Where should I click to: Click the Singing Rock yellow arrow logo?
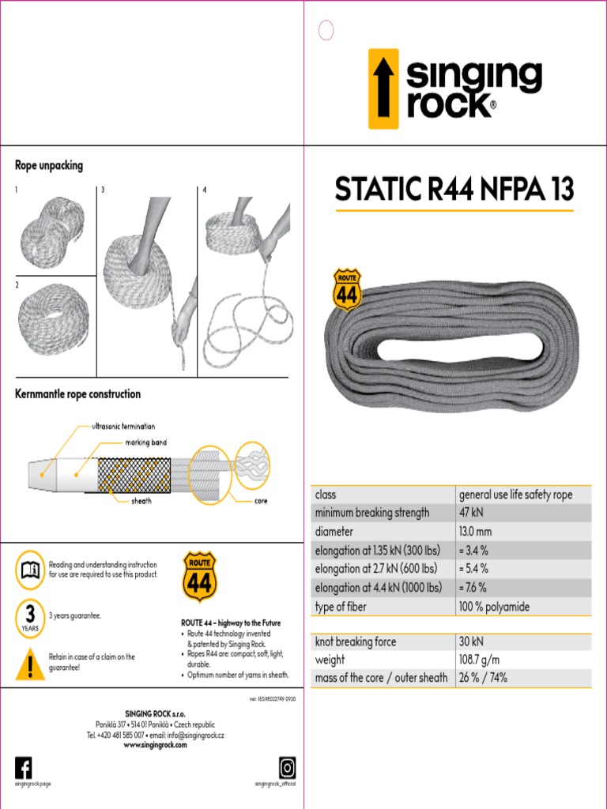click(x=383, y=88)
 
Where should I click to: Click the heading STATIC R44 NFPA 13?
click(x=454, y=190)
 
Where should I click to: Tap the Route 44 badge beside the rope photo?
click(x=347, y=290)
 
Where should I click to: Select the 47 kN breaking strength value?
click(x=472, y=513)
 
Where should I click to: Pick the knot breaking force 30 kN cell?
click(x=472, y=642)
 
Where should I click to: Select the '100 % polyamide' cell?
click(x=494, y=607)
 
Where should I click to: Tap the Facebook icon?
click(x=24, y=767)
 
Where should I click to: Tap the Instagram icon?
click(x=287, y=767)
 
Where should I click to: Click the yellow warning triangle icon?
click(x=30, y=664)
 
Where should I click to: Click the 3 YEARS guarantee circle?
click(x=30, y=617)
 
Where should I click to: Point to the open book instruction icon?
click(x=30, y=569)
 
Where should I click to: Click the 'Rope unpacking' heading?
click(x=49, y=166)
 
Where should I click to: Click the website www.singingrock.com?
click(x=155, y=745)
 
